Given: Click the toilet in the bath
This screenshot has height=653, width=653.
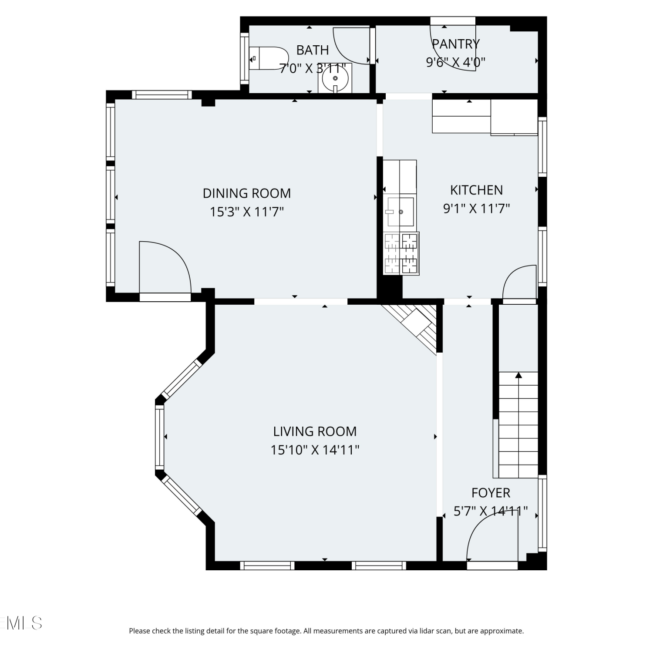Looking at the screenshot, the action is pyautogui.click(x=269, y=58).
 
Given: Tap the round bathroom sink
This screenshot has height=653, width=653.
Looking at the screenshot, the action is pyautogui.click(x=335, y=78).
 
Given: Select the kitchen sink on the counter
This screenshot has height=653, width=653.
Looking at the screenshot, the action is pyautogui.click(x=400, y=212).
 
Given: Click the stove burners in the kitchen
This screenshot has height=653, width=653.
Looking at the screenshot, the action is pyautogui.click(x=401, y=253).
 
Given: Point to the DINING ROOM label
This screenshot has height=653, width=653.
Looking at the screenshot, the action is pyautogui.click(x=247, y=193).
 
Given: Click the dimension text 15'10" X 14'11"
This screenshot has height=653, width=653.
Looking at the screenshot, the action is pyautogui.click(x=315, y=450).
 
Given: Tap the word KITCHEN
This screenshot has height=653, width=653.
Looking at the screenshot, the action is pyautogui.click(x=476, y=190).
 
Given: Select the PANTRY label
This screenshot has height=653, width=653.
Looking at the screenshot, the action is pyautogui.click(x=455, y=44).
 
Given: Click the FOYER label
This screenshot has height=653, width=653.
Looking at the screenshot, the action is pyautogui.click(x=491, y=493).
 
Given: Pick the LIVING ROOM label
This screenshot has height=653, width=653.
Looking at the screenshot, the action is pyautogui.click(x=315, y=431).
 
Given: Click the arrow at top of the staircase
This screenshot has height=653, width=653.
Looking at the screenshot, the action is pyautogui.click(x=518, y=375).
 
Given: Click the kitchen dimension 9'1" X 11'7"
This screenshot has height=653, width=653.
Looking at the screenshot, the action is pyautogui.click(x=476, y=209).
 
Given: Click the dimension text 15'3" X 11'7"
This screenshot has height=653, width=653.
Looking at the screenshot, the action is pyautogui.click(x=247, y=212).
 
